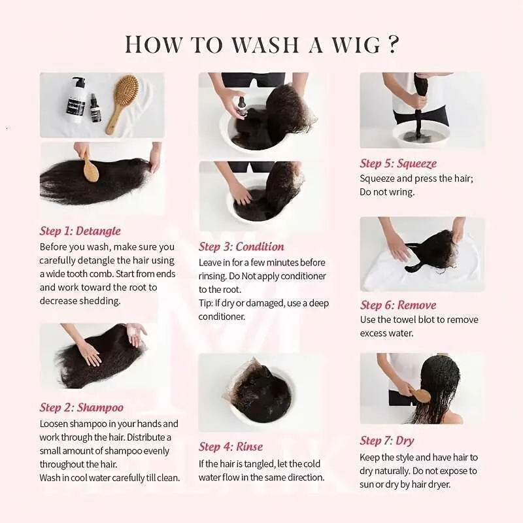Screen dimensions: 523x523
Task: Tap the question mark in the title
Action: (394, 44)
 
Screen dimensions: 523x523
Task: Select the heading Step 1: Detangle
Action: (80, 231)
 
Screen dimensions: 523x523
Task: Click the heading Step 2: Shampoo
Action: (81, 407)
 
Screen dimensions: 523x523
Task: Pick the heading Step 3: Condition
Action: (241, 246)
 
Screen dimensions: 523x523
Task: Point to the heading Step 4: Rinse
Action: (231, 447)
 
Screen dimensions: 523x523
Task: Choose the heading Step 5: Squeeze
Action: (398, 163)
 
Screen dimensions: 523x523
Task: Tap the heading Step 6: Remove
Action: (398, 305)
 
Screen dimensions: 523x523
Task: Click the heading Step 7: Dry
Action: (387, 441)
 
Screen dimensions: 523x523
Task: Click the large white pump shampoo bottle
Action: (77, 100)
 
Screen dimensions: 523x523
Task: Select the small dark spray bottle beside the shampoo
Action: (95, 108)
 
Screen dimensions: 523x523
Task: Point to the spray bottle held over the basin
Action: (242, 106)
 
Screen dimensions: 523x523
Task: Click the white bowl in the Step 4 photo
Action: (261, 396)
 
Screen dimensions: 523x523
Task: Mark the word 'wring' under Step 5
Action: (403, 192)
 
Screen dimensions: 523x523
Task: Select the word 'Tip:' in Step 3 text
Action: (206, 303)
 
